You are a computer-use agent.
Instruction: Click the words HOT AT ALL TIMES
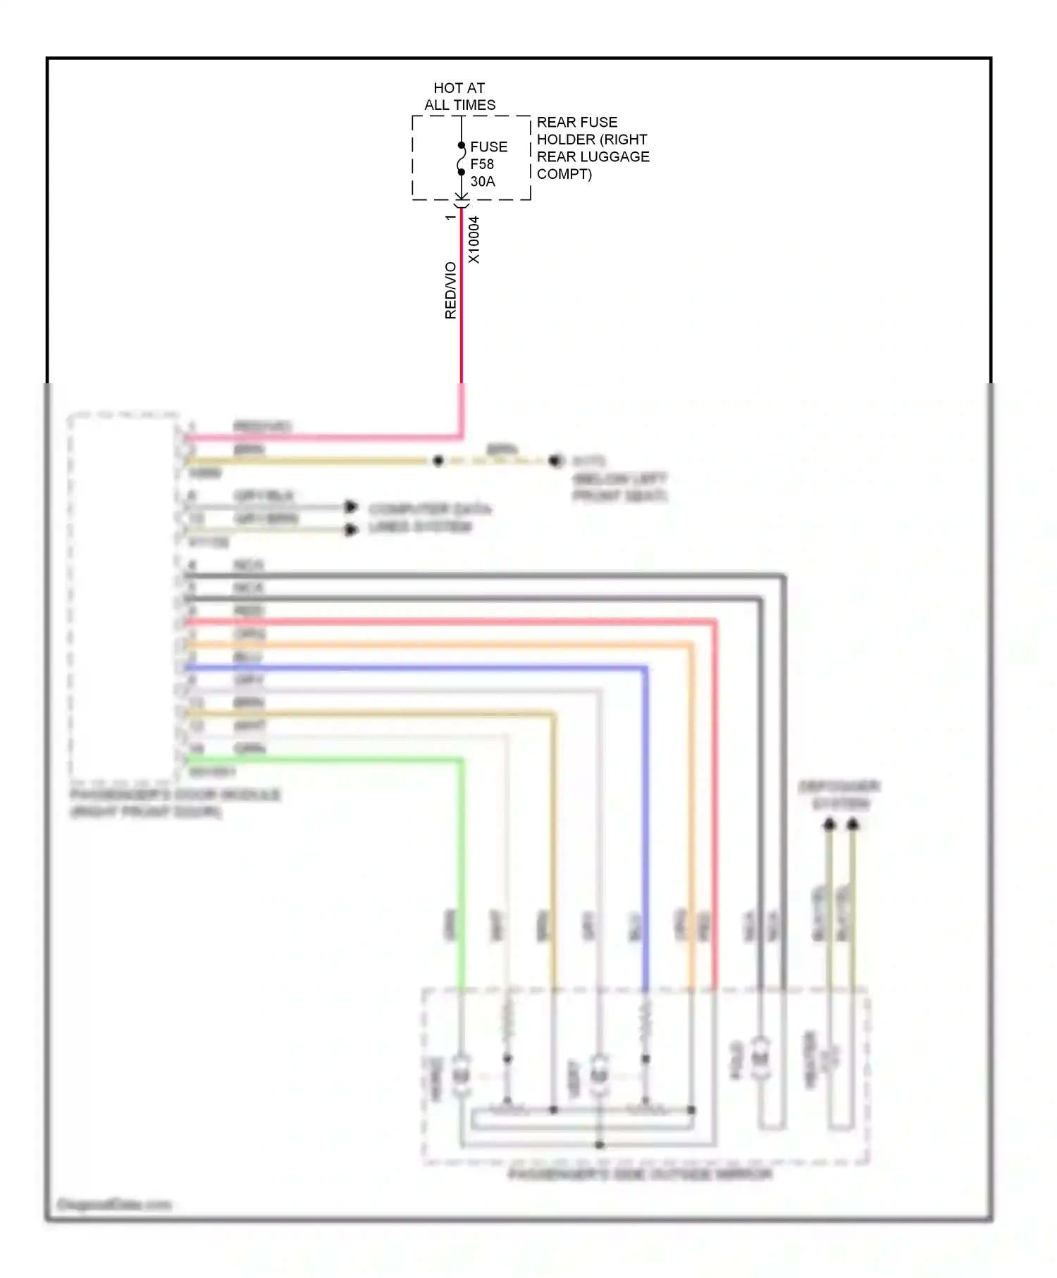click(459, 97)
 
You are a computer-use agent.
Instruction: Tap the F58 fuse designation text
click(482, 164)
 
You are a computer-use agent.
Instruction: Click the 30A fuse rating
click(483, 181)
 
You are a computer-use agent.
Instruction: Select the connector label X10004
click(474, 240)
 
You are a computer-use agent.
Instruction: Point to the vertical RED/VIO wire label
click(450, 290)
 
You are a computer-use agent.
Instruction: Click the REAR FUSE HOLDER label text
click(592, 148)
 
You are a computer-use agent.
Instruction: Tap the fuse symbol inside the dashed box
click(461, 159)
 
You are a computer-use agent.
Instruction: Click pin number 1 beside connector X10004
click(450, 218)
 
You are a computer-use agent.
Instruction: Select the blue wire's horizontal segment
click(416, 667)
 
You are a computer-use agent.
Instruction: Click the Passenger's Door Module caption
click(174, 803)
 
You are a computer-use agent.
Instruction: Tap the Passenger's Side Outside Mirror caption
click(640, 1174)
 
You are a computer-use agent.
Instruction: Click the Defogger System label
click(839, 795)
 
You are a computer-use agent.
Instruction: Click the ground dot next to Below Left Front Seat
click(555, 461)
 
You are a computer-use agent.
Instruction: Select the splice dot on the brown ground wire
click(438, 461)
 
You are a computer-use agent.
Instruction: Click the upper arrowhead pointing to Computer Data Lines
click(350, 507)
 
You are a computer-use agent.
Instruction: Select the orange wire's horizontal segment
click(437, 644)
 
